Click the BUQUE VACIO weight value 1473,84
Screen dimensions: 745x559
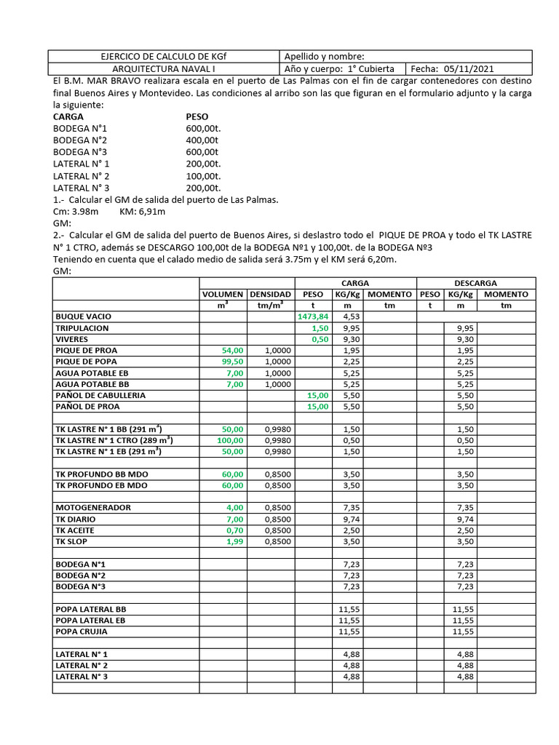[x=313, y=316]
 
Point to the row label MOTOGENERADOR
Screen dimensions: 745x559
[x=93, y=507]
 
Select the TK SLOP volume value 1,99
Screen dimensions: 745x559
[x=235, y=541]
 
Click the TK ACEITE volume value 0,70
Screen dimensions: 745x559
[x=235, y=530]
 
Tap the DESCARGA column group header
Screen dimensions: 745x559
[x=475, y=282]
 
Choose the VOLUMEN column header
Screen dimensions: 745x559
[x=223, y=294]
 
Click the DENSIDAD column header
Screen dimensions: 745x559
[x=271, y=294]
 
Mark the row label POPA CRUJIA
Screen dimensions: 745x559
[x=82, y=632]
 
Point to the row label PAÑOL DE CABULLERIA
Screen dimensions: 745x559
[x=100, y=395]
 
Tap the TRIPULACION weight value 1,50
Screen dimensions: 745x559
[x=320, y=328]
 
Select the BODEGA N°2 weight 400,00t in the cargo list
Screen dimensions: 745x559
[x=203, y=140]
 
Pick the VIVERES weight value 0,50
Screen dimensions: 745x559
[x=320, y=339]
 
